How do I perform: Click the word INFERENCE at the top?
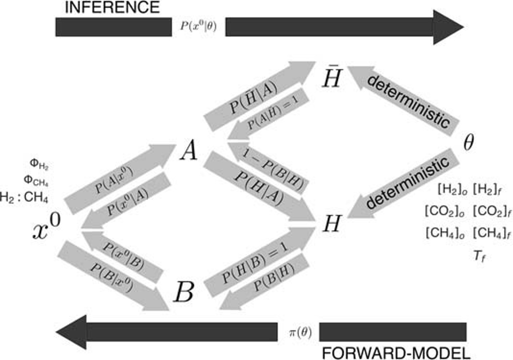click(x=112, y=8)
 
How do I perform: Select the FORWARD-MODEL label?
click(x=396, y=353)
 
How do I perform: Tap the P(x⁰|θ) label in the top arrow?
click(x=198, y=26)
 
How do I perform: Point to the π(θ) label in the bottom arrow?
click(x=300, y=332)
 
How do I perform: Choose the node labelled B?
click(x=184, y=292)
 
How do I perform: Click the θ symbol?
click(x=469, y=143)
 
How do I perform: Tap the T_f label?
click(x=480, y=256)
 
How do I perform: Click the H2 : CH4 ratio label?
click(x=24, y=197)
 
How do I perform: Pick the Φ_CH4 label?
click(x=36, y=180)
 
